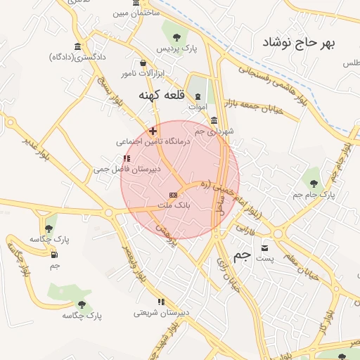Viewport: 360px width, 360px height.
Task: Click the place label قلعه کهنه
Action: pos(161,96)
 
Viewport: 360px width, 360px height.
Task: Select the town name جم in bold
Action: pos(241,256)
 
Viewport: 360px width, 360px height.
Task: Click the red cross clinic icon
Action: pos(153,131)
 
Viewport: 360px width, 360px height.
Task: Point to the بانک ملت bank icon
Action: pos(173,194)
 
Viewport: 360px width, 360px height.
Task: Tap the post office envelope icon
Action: pos(264,247)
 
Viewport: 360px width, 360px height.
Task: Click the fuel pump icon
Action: pos(54,255)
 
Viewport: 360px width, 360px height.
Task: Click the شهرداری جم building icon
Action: pos(214,120)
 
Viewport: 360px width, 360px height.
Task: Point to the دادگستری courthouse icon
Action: pos(77,47)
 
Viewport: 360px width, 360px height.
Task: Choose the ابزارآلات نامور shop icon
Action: pos(143,63)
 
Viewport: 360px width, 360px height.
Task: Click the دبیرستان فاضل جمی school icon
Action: pos(127,159)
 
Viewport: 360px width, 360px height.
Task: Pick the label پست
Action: pos(264,259)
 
